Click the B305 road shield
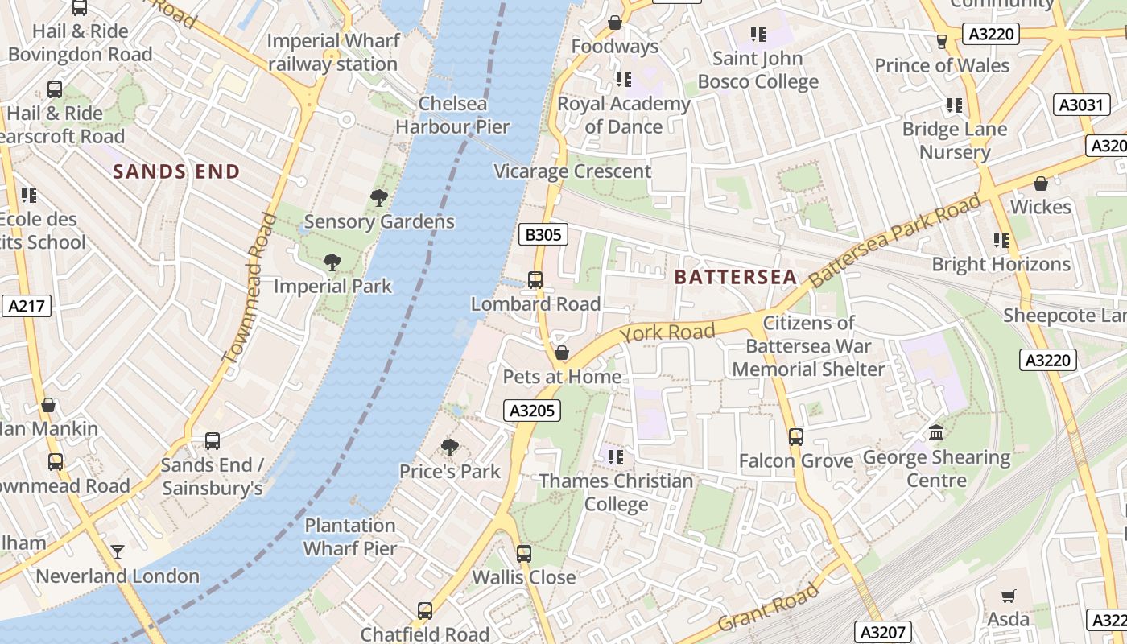[x=543, y=234]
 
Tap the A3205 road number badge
[x=533, y=411]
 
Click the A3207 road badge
[x=881, y=632]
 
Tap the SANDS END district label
[x=176, y=171]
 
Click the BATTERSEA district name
[x=735, y=278]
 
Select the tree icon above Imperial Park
[x=332, y=262]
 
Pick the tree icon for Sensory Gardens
[x=378, y=198]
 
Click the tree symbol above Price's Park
[x=450, y=448]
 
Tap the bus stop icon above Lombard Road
[x=535, y=280]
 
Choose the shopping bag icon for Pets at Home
[x=562, y=353]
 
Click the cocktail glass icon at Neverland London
[x=118, y=552]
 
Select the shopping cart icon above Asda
[x=1008, y=596]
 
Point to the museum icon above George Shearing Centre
[x=936, y=434]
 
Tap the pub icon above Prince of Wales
[x=942, y=42]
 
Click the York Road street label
[x=667, y=332]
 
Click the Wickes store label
[x=1040, y=207]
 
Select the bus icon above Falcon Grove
[x=796, y=437]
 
